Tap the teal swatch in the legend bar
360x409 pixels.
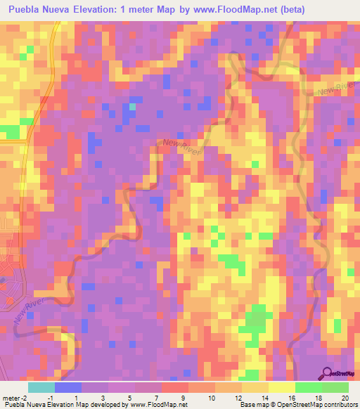(x=41, y=387)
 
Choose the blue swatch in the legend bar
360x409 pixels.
(x=68, y=387)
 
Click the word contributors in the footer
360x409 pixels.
(x=340, y=405)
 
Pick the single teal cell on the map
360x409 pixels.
(x=131, y=107)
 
